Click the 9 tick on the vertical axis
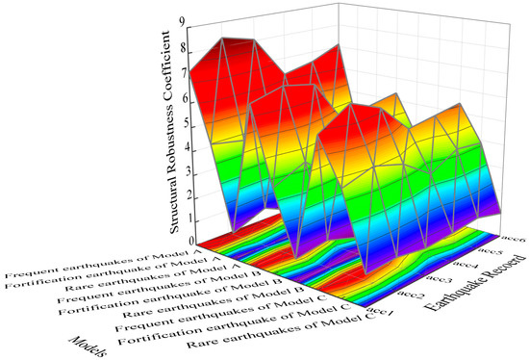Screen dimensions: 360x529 (x=195, y=20)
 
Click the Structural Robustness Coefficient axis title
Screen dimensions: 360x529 (x=178, y=130)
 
